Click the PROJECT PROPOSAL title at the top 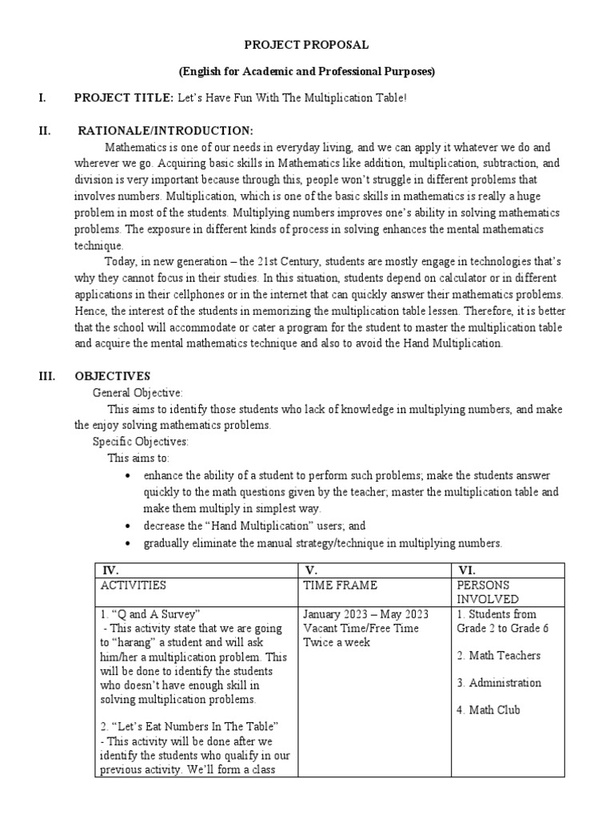(x=307, y=46)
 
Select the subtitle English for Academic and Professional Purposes (x=307, y=71)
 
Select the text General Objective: (x=138, y=393)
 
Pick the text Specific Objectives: (x=141, y=442)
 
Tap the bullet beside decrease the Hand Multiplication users (x=129, y=526)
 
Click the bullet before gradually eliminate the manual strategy (x=129, y=543)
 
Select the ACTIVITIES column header (x=134, y=586)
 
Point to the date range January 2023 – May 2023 (x=365, y=614)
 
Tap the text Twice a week (x=337, y=642)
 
